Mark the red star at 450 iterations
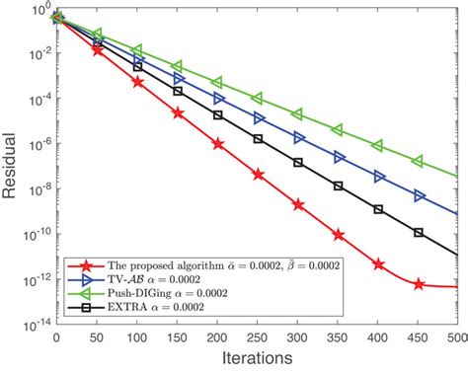click(x=419, y=284)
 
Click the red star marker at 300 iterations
click(x=298, y=204)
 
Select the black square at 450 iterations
click(x=419, y=234)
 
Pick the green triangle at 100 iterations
click(x=137, y=48)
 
